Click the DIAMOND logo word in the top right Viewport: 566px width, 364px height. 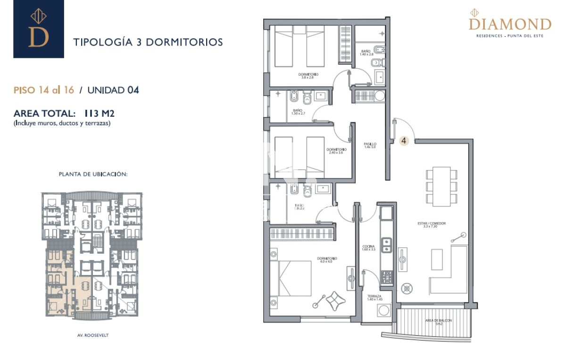[x=510, y=24]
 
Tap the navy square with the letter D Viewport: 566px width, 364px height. [x=39, y=29]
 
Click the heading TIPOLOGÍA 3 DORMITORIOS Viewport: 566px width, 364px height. [x=148, y=42]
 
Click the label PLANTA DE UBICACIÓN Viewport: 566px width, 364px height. [x=93, y=174]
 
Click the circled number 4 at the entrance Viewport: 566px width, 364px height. [x=404, y=140]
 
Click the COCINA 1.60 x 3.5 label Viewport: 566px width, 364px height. [x=368, y=248]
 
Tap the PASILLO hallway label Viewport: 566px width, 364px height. [x=370, y=146]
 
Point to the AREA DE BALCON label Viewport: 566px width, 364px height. [x=439, y=322]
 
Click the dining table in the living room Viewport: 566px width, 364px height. [x=441, y=186]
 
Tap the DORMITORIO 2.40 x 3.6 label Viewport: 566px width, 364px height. [x=336, y=151]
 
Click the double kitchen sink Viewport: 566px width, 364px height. [x=387, y=244]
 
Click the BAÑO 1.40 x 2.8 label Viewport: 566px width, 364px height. [x=366, y=52]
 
